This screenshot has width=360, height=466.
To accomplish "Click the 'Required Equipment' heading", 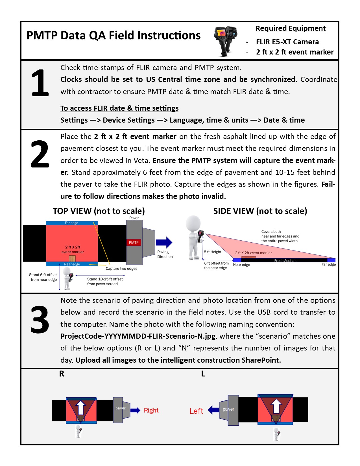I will pyautogui.click(x=291, y=29).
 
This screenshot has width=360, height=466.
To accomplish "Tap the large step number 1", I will pyautogui.click(x=40, y=83).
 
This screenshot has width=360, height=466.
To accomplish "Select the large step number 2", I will pyautogui.click(x=40, y=154).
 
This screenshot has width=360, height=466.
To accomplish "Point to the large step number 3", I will pyautogui.click(x=40, y=320).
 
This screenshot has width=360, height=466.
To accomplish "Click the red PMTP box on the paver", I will pyautogui.click(x=134, y=242).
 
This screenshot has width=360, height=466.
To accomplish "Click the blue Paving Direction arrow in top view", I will pyautogui.click(x=164, y=242).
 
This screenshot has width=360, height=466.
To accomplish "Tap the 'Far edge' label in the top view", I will pyautogui.click(x=71, y=223).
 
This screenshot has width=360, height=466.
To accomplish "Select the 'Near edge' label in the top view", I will pyautogui.click(x=72, y=264).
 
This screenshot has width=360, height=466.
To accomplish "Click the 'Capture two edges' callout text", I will pyautogui.click(x=121, y=269).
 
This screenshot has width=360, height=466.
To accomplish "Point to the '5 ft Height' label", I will pyautogui.click(x=213, y=252).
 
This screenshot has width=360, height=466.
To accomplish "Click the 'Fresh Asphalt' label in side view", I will pyautogui.click(x=285, y=261).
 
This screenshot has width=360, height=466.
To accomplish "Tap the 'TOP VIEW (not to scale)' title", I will pyautogui.click(x=99, y=211).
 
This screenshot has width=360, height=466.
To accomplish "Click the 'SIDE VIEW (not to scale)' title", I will pyautogui.click(x=260, y=211).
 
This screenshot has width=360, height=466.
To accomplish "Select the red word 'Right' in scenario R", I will pyautogui.click(x=151, y=410).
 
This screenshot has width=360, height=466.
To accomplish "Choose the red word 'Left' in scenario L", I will pyautogui.click(x=196, y=411).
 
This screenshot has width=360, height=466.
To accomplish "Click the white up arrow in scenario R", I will pyautogui.click(x=81, y=407).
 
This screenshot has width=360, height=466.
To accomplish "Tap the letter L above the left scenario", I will pyautogui.click(x=203, y=374).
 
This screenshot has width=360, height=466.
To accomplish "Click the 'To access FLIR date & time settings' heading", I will pyautogui.click(x=119, y=108).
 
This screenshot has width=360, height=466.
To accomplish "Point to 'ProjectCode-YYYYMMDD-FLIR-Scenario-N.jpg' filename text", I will pyautogui.click(x=138, y=336).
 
